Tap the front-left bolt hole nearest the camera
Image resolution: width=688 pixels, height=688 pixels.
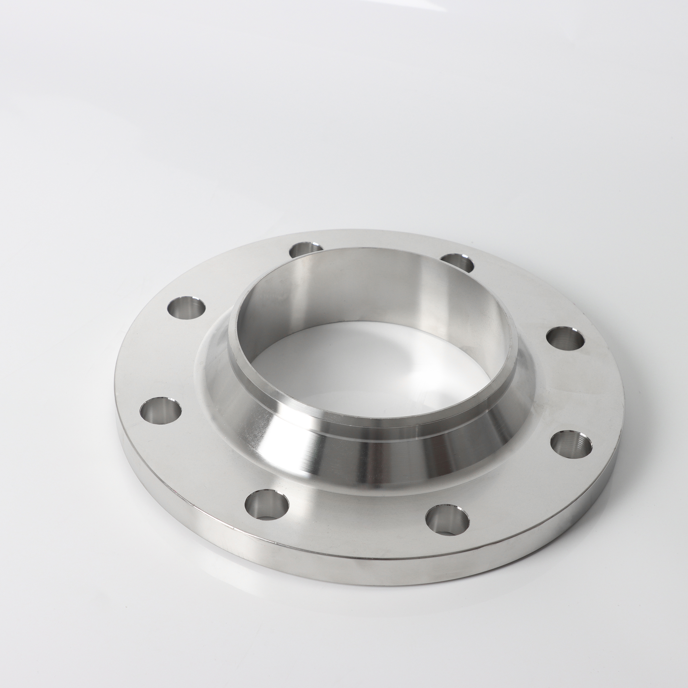[266, 505]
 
